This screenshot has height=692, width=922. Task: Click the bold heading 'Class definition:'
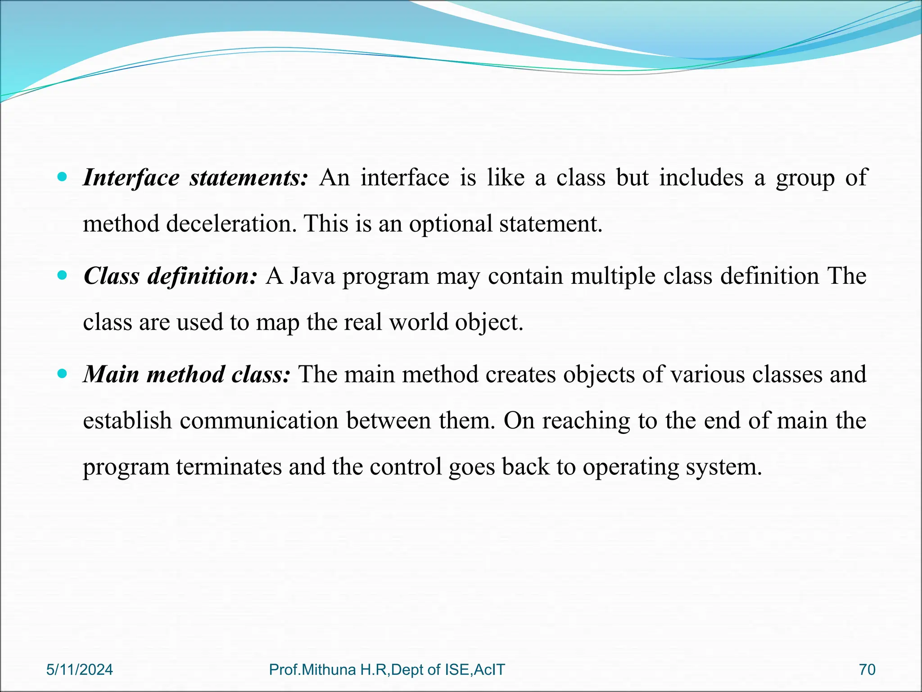pos(170,276)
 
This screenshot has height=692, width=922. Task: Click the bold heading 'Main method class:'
pos(187,374)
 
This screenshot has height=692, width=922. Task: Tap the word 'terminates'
pos(228,467)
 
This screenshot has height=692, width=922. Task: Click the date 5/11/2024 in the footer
pos(80,669)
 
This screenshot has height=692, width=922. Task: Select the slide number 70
pos(867,669)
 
